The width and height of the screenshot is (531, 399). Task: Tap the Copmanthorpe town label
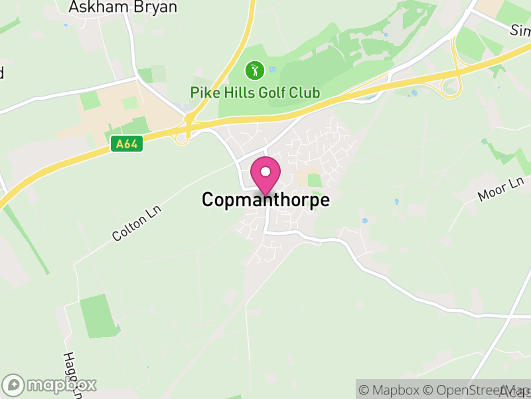265,199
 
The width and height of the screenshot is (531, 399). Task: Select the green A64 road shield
127,144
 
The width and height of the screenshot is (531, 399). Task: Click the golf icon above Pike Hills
254,69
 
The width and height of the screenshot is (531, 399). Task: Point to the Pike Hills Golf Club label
255,92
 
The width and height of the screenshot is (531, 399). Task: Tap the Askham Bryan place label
123,7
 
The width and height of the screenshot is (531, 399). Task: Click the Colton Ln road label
137,223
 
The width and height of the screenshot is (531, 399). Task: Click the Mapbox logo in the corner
50,384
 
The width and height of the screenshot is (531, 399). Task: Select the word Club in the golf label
305,92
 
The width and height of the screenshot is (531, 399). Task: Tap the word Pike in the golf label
202,92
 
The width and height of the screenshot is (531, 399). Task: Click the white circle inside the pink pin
265,172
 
